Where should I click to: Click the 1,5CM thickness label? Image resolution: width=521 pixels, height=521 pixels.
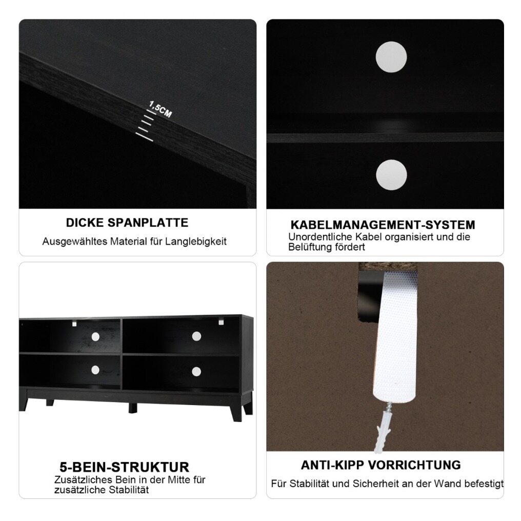160,109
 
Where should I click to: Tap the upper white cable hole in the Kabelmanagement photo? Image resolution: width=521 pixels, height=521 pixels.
391,57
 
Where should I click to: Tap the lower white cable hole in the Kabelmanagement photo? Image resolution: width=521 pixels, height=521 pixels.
391,175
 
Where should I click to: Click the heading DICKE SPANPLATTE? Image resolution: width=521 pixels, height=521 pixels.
127,223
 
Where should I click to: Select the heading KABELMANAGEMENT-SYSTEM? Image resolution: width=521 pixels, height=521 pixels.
383,225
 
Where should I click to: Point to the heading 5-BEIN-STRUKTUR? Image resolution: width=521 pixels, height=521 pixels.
124,467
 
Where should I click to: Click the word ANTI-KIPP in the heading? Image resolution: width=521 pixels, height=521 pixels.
332,465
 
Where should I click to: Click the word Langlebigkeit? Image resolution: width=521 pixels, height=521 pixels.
196,242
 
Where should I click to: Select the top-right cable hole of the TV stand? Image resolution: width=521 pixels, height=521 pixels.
196,336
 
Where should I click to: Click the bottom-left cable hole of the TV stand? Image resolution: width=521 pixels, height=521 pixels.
95,370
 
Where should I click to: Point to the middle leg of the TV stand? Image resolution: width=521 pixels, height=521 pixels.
133,408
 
